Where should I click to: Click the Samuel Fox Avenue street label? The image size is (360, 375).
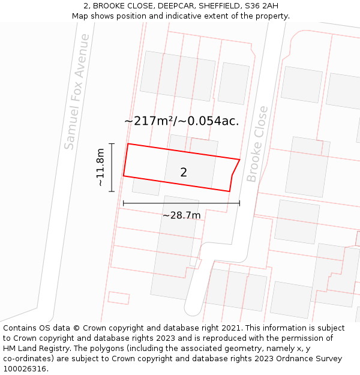[77, 92]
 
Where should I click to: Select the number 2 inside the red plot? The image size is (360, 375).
[184, 173]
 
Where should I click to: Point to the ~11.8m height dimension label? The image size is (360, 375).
[100, 167]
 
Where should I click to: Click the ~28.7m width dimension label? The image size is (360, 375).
[181, 215]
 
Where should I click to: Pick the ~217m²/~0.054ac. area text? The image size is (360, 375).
[181, 121]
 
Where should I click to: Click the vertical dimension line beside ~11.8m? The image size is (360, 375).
[112, 167]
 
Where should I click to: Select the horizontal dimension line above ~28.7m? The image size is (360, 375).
[181, 203]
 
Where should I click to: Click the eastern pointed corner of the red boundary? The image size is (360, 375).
[239, 160]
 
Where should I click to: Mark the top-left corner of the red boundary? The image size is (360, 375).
[128, 144]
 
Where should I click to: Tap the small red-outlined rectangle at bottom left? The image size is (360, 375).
[118, 298]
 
